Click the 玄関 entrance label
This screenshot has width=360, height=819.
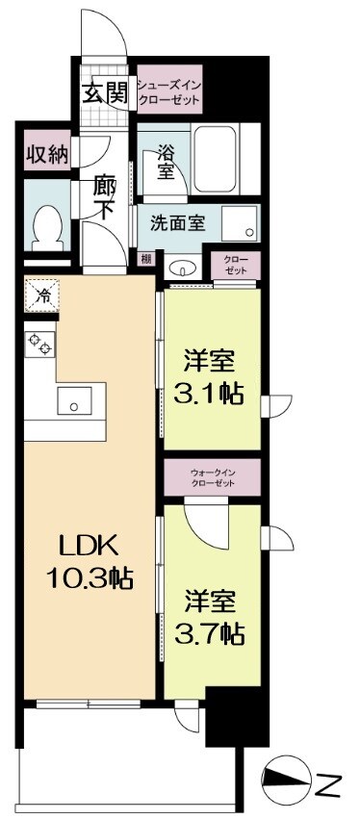104,92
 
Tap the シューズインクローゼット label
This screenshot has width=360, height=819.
168,90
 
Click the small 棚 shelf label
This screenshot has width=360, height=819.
144,258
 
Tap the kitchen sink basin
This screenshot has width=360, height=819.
72,400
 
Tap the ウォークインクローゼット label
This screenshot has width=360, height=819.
213,477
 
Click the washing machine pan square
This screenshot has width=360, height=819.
240,223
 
